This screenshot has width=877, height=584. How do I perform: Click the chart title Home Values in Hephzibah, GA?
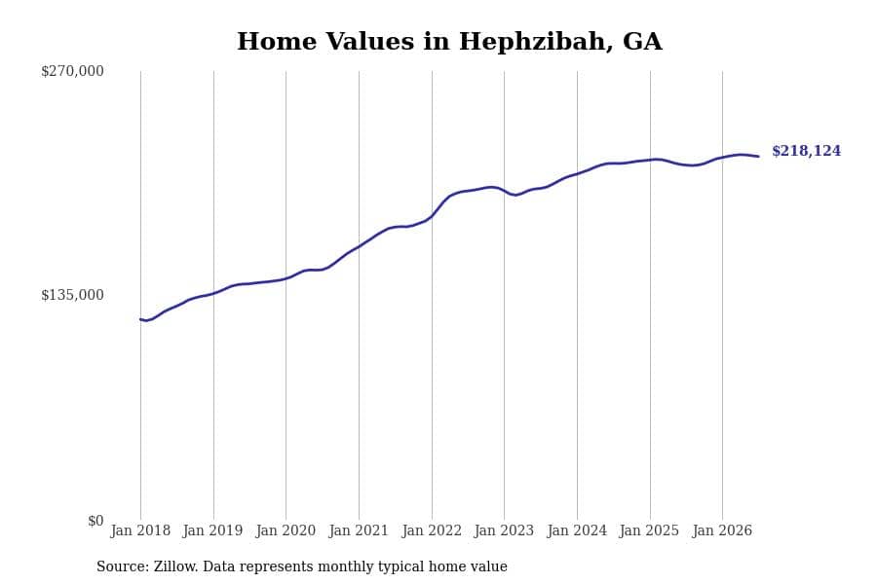[x=449, y=41]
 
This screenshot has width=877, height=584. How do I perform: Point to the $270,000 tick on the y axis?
[x=72, y=71]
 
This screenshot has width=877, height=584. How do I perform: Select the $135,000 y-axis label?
[x=72, y=295]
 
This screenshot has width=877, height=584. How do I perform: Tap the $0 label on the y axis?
[x=95, y=521]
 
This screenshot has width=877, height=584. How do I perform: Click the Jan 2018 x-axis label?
[x=140, y=530]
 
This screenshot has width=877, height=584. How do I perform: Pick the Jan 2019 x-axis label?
[x=212, y=530]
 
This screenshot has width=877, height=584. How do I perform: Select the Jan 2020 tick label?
[x=286, y=530]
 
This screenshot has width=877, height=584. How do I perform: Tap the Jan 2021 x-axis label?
[x=359, y=530]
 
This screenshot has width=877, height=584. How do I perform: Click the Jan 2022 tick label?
[x=432, y=530]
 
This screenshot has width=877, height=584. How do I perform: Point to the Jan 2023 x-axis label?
[x=504, y=530]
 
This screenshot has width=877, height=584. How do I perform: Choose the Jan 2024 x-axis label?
[x=577, y=530]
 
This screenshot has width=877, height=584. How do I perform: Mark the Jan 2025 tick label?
[x=649, y=530]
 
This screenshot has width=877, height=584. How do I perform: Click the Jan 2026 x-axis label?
[x=722, y=530]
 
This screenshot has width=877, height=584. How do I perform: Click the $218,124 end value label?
[x=806, y=151]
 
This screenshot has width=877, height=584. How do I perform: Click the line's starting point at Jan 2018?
[x=140, y=319]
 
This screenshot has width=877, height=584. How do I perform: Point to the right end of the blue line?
[x=758, y=157]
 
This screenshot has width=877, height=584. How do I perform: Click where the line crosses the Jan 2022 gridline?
[x=432, y=216]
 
